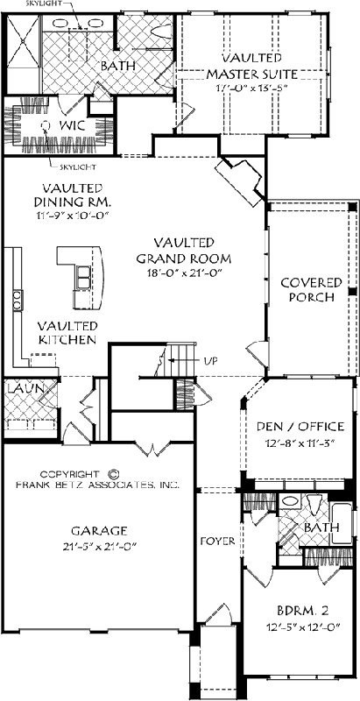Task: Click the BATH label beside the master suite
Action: coord(115,67)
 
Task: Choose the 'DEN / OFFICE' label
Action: coord(300,427)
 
